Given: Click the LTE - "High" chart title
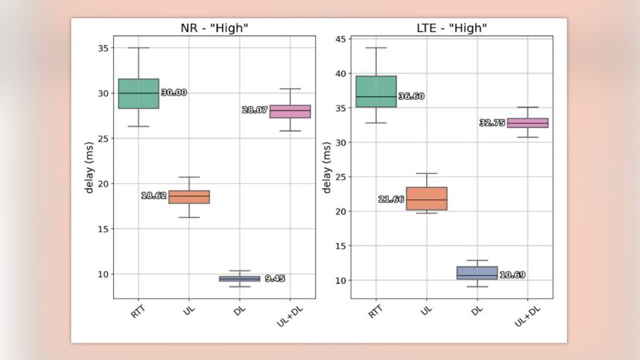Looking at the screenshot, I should pyautogui.click(x=451, y=27).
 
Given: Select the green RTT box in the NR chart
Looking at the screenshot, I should pyautogui.click(x=138, y=94).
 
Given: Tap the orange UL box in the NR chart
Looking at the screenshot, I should pyautogui.click(x=189, y=197).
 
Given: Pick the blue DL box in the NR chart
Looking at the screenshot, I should pyautogui.click(x=239, y=279).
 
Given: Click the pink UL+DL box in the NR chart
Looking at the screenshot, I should pyautogui.click(x=290, y=111).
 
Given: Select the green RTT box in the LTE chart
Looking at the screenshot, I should pyautogui.click(x=376, y=91).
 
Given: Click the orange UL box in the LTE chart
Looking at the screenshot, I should pyautogui.click(x=426, y=199).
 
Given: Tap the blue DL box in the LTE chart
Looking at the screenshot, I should pyautogui.click(x=477, y=272).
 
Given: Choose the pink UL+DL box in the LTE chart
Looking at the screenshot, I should pyautogui.click(x=527, y=123).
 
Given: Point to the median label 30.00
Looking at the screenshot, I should pyautogui.click(x=174, y=92).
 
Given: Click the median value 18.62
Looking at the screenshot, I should pyautogui.click(x=154, y=196).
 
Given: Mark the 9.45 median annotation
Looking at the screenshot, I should pyautogui.click(x=274, y=279).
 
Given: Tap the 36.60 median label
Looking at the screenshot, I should pyautogui.click(x=411, y=96).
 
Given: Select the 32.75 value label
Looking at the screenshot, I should pyautogui.click(x=492, y=123).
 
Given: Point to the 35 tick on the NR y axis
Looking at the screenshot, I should pyautogui.click(x=103, y=48).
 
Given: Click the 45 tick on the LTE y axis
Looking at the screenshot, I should pyautogui.click(x=341, y=39).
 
